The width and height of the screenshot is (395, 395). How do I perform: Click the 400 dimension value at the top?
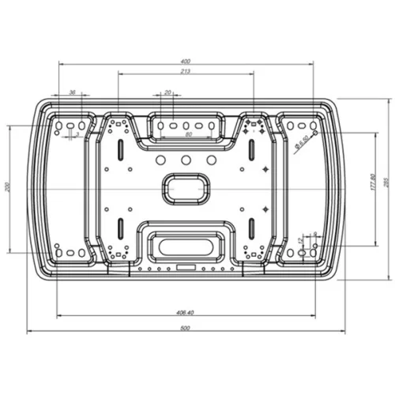point(186,61)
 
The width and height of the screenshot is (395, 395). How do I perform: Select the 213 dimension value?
point(185,71)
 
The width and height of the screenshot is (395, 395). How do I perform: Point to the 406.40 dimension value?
point(185,313)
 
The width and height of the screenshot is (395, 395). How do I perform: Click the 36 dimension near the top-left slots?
point(73,92)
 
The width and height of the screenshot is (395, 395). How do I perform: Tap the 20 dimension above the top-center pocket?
point(167,92)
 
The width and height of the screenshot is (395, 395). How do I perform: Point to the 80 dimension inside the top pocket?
point(188,135)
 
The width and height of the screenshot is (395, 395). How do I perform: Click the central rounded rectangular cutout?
point(186,188)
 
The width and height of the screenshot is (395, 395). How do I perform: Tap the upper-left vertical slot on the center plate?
point(119,149)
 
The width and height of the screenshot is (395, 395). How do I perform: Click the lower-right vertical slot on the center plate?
point(250,228)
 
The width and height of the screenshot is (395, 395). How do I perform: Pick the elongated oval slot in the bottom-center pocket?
point(186,246)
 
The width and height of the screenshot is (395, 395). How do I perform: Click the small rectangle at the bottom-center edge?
point(186,266)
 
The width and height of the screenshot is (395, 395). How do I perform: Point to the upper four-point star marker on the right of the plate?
point(265,167)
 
